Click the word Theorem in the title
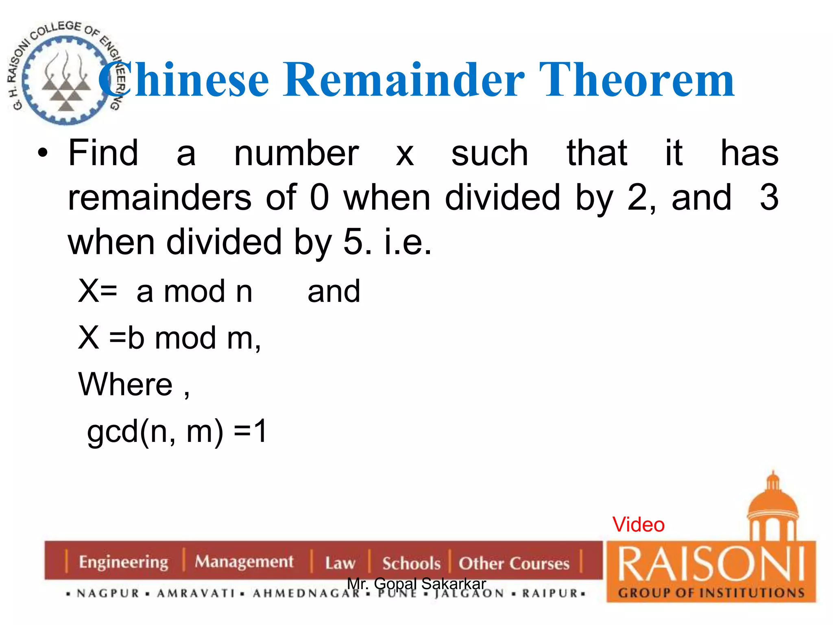coord(637,80)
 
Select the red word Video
coord(638,524)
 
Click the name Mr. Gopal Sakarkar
coord(416,583)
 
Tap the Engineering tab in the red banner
coord(123,562)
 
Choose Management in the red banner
coord(244,562)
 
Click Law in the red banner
coord(340,563)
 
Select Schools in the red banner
coord(411,563)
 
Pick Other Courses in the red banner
coord(514,563)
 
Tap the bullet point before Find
coord(43,154)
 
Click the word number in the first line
coord(296,153)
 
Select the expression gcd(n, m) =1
coord(177,432)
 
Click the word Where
coord(126,385)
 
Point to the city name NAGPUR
coord(108,593)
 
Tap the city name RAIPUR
coord(550,593)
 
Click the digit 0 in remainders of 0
coord(319,198)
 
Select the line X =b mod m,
coord(169,338)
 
